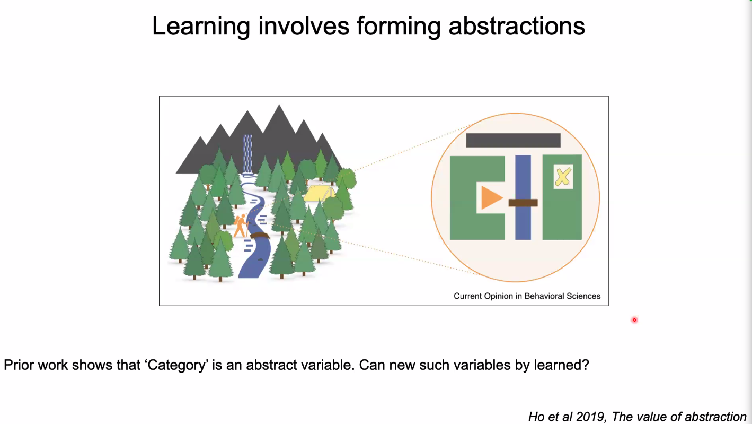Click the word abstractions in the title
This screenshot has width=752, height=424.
click(517, 26)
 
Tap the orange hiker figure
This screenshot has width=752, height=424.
click(241, 226)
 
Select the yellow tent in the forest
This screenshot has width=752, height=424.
click(319, 193)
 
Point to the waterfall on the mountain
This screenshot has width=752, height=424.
click(247, 154)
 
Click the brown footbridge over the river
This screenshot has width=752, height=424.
click(260, 236)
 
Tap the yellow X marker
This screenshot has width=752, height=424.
click(563, 177)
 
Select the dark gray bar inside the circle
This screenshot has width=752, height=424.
click(514, 140)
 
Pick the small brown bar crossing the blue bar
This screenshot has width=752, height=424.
click(523, 203)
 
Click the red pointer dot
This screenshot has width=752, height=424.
click(634, 320)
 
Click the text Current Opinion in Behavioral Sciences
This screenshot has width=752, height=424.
click(527, 296)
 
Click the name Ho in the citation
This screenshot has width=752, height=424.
click(536, 417)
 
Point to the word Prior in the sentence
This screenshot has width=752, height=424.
click(19, 365)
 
